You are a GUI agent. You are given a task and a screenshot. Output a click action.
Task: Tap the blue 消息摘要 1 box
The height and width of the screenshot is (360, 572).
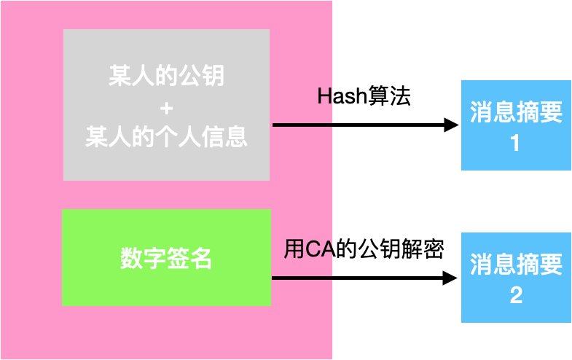click(516, 125)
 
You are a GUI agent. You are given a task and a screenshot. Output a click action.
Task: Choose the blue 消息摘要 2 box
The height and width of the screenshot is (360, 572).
click(516, 278)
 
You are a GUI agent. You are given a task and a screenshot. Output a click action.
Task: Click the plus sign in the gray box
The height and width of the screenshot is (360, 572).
click(166, 109)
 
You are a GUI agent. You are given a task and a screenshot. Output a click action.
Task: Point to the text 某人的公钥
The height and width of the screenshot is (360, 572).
click(166, 76)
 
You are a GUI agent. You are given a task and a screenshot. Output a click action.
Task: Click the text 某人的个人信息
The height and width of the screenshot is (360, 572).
click(166, 137)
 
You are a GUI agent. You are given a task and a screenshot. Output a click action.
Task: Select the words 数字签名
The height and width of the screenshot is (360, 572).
click(166, 257)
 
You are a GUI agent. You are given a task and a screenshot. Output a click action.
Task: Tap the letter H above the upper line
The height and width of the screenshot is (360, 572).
click(325, 95)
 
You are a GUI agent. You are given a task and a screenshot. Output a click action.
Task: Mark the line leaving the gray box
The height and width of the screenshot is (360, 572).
click(302, 125)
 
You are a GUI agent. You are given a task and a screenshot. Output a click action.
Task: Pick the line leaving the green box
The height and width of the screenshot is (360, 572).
click(302, 278)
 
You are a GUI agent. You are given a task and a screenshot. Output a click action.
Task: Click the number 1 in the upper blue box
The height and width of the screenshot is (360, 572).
click(515, 143)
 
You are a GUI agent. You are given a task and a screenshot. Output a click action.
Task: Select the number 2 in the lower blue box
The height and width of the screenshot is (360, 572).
click(515, 296)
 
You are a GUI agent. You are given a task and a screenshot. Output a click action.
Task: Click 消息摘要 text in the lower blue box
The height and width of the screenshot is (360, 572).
click(516, 265)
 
